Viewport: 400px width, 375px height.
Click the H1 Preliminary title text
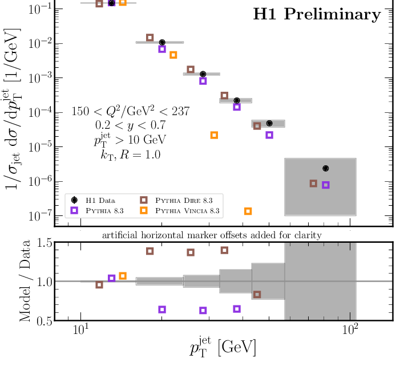pos(317,15)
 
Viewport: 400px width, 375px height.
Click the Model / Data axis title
pos(25,282)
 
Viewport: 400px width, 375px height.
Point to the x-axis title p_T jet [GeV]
pos(223,347)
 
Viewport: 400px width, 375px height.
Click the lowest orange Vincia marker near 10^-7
pos(248,211)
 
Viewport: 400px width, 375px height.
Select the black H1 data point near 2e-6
pos(326,168)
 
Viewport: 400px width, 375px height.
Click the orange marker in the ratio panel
pos(122,276)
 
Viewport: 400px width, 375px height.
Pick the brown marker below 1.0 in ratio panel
pos(257,295)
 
